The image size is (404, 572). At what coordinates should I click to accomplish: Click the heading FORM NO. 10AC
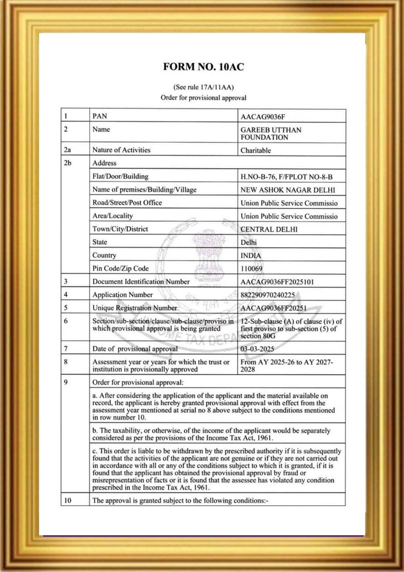click(x=203, y=67)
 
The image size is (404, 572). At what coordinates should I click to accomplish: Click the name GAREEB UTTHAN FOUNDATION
click(x=271, y=134)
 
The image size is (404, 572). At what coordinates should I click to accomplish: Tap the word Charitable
click(x=256, y=151)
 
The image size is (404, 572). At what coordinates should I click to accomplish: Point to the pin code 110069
click(x=251, y=269)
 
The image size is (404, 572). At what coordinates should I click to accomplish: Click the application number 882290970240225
click(x=268, y=295)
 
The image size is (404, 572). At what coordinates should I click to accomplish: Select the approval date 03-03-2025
click(x=257, y=349)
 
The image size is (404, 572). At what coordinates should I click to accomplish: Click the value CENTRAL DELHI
click(x=269, y=230)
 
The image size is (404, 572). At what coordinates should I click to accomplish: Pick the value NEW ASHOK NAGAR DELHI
click(x=288, y=190)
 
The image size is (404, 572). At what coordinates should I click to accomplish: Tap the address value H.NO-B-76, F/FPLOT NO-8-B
click(x=286, y=177)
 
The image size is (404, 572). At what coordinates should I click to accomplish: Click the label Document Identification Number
click(x=141, y=282)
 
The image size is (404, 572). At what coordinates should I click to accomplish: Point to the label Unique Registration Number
click(x=134, y=308)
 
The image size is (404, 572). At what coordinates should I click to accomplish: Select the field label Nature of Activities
click(x=121, y=150)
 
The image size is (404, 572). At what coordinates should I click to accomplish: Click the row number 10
click(x=68, y=500)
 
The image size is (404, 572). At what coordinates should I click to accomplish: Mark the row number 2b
click(x=67, y=163)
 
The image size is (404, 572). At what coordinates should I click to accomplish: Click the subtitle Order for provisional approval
click(x=203, y=98)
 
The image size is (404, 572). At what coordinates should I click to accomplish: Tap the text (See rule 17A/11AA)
click(x=203, y=87)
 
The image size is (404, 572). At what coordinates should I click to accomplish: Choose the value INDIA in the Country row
click(x=251, y=256)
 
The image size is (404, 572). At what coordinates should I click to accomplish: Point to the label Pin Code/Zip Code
click(x=120, y=269)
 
